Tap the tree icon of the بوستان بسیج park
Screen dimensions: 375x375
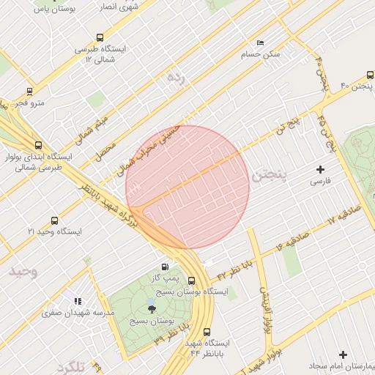pyautogui.click(x=151, y=308)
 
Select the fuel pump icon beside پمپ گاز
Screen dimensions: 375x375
pyautogui.click(x=163, y=267)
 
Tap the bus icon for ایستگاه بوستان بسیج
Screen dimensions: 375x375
pyautogui.click(x=191, y=281)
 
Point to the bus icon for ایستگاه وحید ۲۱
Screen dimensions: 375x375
pyautogui.click(x=54, y=220)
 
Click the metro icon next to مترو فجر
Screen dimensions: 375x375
pyautogui.click(x=29, y=92)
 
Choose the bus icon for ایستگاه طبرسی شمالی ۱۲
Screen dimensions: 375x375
pyautogui.click(x=100, y=37)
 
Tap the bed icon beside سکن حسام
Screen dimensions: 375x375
pyautogui.click(x=260, y=43)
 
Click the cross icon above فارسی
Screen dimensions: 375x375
pyautogui.click(x=320, y=169)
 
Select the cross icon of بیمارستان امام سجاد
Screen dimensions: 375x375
pyautogui.click(x=343, y=354)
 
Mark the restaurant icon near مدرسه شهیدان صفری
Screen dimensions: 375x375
pyautogui.click(x=77, y=301)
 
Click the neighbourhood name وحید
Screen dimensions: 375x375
pyautogui.click(x=23, y=272)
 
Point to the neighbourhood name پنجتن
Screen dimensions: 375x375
pyautogui.click(x=266, y=177)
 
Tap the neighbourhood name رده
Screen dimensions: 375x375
pyautogui.click(x=174, y=75)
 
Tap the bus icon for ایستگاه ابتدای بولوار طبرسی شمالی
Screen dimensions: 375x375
pyautogui.click(x=38, y=145)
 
